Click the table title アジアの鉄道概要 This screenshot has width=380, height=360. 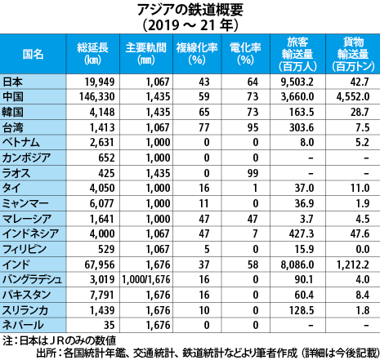click(x=190, y=10)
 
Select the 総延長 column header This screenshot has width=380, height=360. click(x=92, y=54)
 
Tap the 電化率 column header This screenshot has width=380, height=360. click(x=245, y=54)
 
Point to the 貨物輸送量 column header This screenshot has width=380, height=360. click(x=353, y=54)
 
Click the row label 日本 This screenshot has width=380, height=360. click(x=12, y=82)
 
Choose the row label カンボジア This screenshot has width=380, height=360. click(x=26, y=158)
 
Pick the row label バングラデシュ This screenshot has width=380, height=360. click(x=32, y=280)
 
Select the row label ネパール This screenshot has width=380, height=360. click(x=23, y=325)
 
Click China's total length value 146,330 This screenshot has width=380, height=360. click(x=97, y=97)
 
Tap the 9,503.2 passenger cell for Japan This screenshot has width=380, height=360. click(x=297, y=82)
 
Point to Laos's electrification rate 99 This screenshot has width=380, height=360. click(x=253, y=173)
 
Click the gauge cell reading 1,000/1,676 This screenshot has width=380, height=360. click(x=146, y=280)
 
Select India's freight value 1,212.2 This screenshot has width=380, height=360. click(x=353, y=264)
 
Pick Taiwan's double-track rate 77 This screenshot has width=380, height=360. click(x=204, y=127)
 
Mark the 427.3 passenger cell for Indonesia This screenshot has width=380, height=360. click(x=302, y=234)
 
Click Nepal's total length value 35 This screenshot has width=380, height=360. click(x=109, y=325)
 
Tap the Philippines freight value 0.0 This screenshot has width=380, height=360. click(x=363, y=249)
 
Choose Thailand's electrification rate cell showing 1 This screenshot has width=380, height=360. click(x=255, y=189)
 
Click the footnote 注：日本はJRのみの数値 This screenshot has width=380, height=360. click(x=60, y=340)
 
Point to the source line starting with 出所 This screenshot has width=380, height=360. click(x=208, y=353)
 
